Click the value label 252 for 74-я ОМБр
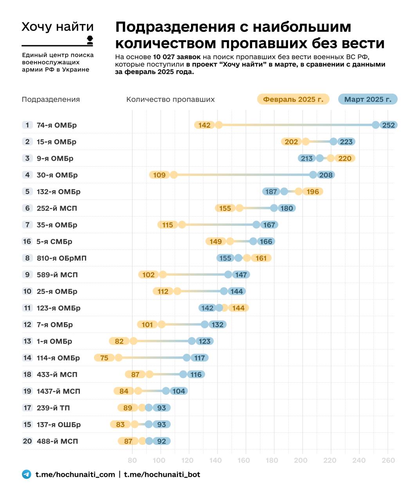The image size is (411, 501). click(389, 125)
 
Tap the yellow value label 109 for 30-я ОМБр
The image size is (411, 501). click(159, 175)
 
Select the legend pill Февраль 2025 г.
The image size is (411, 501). click(293, 99)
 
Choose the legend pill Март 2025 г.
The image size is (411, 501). click(368, 99)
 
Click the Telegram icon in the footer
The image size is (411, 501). click(27, 474)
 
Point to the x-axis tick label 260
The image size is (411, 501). click(388, 460)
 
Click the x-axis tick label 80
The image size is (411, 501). click(132, 460)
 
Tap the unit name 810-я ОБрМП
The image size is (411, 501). click(61, 258)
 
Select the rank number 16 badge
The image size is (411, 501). click(27, 241)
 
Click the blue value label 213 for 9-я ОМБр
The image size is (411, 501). click(307, 159)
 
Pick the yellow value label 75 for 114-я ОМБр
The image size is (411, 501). click(104, 358)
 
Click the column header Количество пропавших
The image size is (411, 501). click(170, 99)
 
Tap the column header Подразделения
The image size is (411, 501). click(51, 99)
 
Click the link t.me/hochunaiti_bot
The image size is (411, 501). click(162, 474)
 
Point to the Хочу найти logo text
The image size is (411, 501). click(58, 27)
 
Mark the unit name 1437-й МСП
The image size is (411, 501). click(58, 391)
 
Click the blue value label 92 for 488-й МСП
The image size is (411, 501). click(162, 441)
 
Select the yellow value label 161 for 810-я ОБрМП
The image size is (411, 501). click(261, 258)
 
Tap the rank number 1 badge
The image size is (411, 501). click(27, 125)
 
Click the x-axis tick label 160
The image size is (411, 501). click(243, 460)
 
